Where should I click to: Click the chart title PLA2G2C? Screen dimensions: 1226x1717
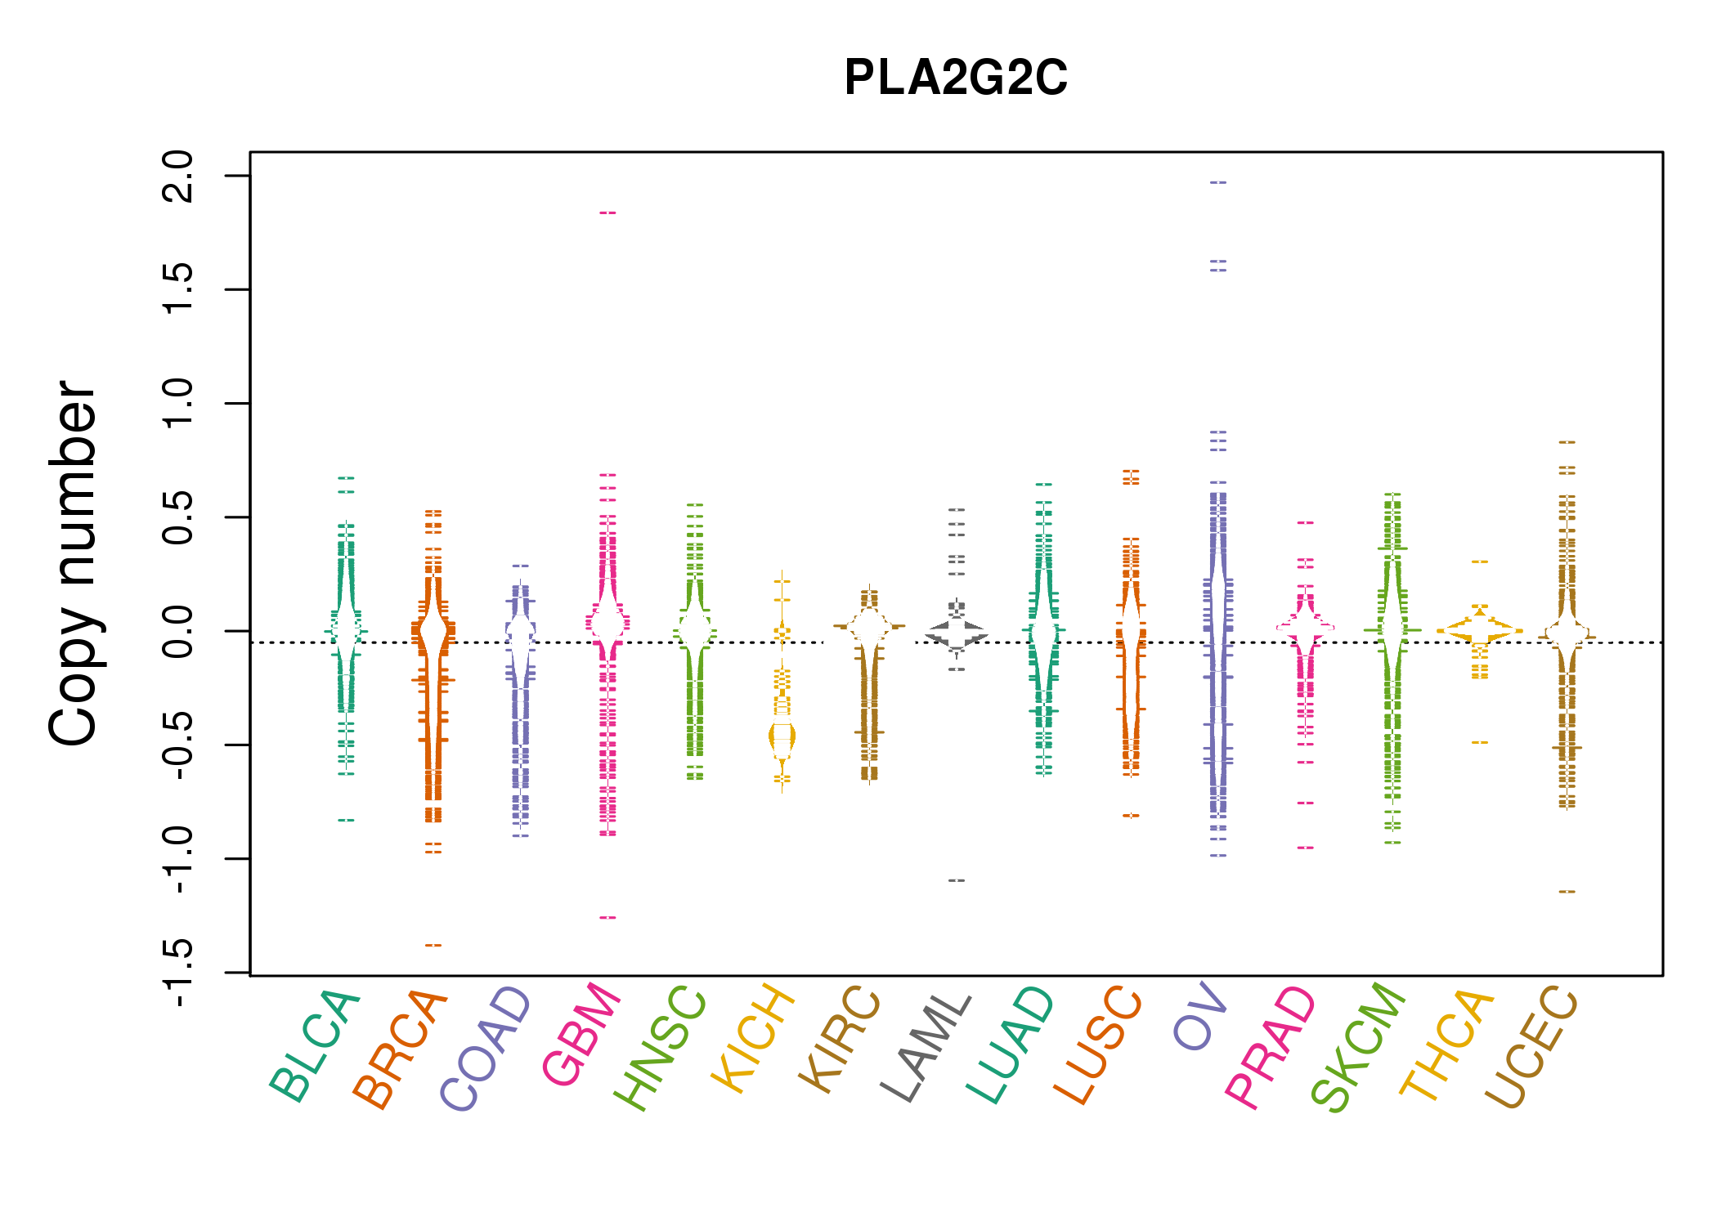955,78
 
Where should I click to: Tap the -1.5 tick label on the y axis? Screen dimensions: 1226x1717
179,973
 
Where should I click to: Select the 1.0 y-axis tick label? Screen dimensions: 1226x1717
179,403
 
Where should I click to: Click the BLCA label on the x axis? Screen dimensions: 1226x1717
316,1046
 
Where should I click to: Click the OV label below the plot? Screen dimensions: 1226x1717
1201,1018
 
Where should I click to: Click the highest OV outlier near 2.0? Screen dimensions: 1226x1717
1218,182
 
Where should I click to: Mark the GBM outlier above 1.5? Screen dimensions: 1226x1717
607,213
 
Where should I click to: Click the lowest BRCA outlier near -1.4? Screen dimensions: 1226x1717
433,946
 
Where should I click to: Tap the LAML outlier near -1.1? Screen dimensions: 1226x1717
957,880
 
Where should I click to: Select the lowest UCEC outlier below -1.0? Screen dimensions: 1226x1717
1567,892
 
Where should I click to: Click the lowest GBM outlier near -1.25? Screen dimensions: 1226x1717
607,918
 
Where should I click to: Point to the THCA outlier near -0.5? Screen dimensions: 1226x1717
1480,742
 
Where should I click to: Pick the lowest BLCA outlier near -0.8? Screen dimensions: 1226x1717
347,820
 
